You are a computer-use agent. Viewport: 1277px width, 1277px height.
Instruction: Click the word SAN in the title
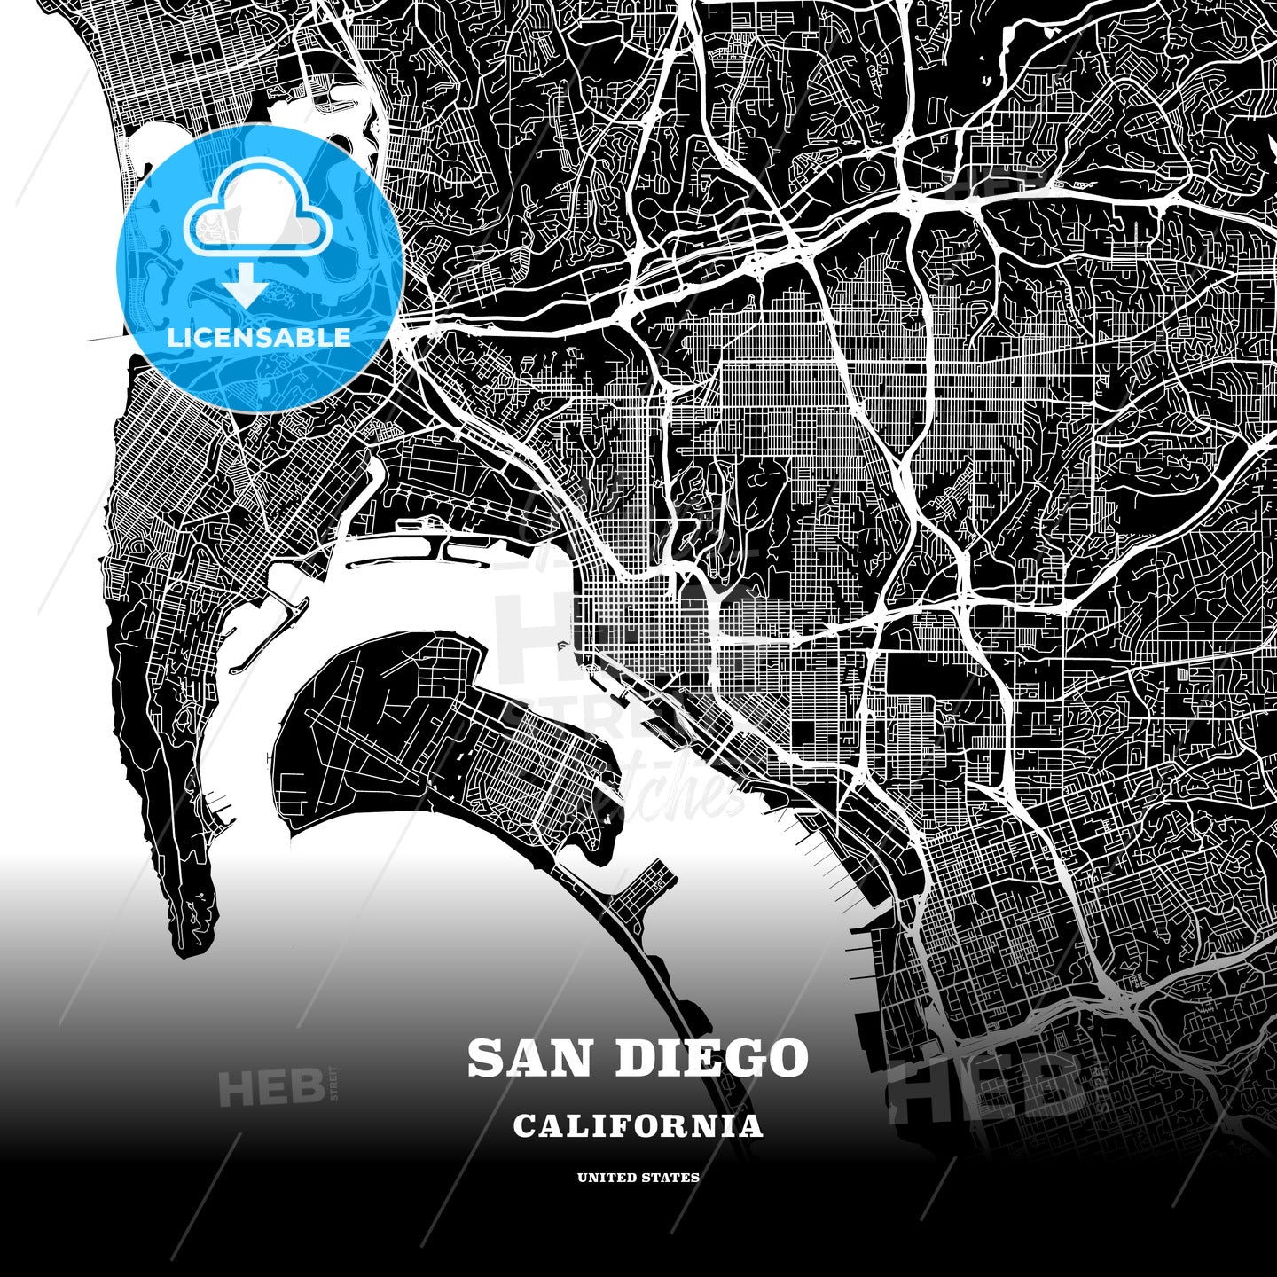pyautogui.click(x=531, y=1058)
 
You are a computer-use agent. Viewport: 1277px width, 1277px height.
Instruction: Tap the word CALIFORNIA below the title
pyautogui.click(x=638, y=1126)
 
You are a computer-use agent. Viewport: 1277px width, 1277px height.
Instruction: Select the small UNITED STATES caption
pyautogui.click(x=638, y=1178)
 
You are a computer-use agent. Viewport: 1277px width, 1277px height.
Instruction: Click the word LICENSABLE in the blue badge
pyautogui.click(x=259, y=337)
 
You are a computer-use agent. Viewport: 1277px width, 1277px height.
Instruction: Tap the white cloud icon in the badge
pyautogui.click(x=257, y=213)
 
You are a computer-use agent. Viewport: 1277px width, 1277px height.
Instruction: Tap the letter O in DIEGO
pyautogui.click(x=786, y=1058)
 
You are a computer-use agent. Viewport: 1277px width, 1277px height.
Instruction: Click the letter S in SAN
pyautogui.click(x=486, y=1058)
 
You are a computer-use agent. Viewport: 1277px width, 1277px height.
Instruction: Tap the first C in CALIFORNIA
pyautogui.click(x=524, y=1126)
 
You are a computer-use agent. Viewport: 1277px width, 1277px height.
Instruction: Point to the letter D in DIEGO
pyautogui.click(x=630, y=1058)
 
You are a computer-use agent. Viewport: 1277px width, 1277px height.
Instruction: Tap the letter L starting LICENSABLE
pyautogui.click(x=174, y=337)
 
